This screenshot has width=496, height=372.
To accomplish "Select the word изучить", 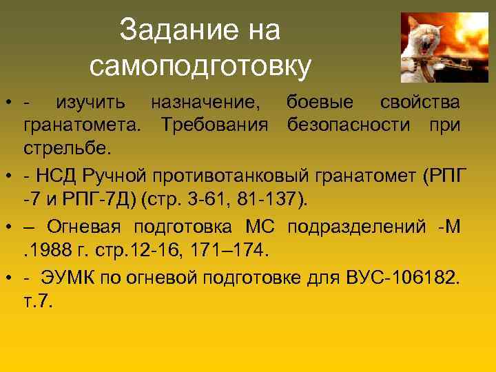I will pyautogui.click(x=91, y=103).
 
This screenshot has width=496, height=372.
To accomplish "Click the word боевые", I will pyautogui.click(x=320, y=103).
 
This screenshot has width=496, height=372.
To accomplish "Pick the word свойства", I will pyautogui.click(x=420, y=103).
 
